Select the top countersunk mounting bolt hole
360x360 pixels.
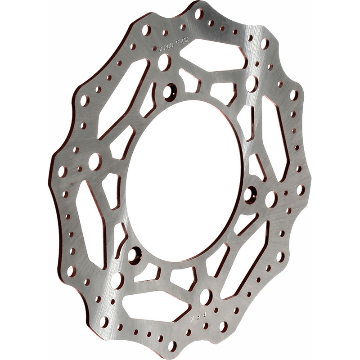pos(170,92)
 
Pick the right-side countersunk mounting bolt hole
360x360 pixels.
pos(250,195)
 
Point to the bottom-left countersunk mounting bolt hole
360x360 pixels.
pos(134,255)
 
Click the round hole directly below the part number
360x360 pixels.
pos(164,62)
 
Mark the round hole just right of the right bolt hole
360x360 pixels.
pos(271,199)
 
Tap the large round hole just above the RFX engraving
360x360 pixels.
pos(206,297)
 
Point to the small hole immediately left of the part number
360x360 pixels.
pos(154,48)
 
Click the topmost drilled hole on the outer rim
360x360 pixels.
pos(198,13)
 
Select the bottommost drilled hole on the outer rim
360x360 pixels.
pos(172,346)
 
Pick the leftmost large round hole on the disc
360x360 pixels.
pos(94,162)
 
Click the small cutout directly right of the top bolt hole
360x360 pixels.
pos(189,81)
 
